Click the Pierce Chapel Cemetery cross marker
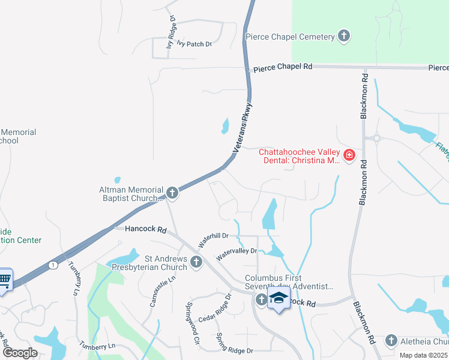tap(344, 37)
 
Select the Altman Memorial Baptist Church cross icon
tap(172, 193)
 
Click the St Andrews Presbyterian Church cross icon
tap(196, 262)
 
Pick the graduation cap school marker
tap(279, 298)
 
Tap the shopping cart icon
tap(5, 278)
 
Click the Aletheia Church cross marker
tap(391, 341)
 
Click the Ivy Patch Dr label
tap(190, 44)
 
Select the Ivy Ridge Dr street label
tap(172, 28)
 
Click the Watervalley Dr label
tap(237, 254)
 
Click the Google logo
tap(20, 352)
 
